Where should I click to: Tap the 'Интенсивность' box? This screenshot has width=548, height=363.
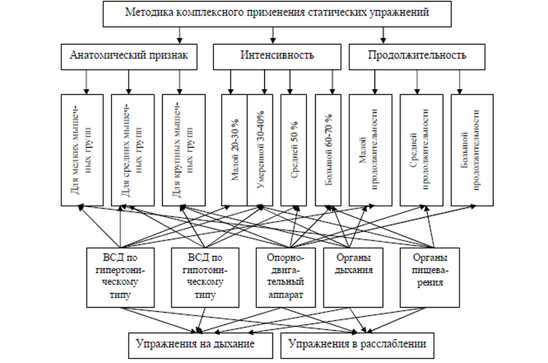pos(276,56)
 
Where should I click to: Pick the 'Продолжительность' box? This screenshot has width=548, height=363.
pos(416,56)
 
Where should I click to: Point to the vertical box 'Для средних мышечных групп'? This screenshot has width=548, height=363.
pos(133,149)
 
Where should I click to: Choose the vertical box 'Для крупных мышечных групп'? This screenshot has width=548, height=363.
pos(183,149)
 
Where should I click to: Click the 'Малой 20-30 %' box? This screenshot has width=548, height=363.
pos(235,149)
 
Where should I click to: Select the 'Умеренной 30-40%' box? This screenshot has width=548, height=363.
pos(260,149)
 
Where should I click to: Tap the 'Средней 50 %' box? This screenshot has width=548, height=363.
pos(294,149)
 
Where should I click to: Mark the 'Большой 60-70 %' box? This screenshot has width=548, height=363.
pos(329,149)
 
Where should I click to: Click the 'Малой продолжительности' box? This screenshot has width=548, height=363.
pos(370,149)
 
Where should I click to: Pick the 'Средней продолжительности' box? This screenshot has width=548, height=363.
pos(421,149)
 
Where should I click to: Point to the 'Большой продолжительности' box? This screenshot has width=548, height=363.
pos(472,149)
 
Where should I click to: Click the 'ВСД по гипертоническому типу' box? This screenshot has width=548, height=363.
pos(120,276)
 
